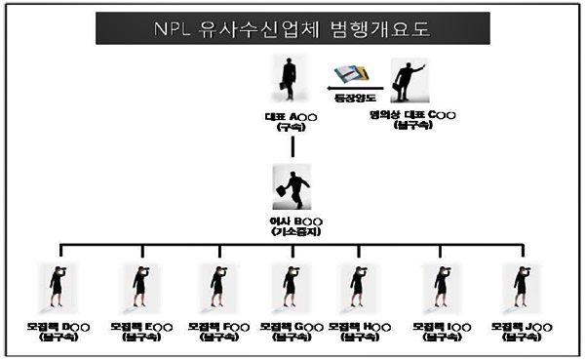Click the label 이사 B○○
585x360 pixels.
point(292,222)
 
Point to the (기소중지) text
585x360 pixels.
point(292,234)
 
